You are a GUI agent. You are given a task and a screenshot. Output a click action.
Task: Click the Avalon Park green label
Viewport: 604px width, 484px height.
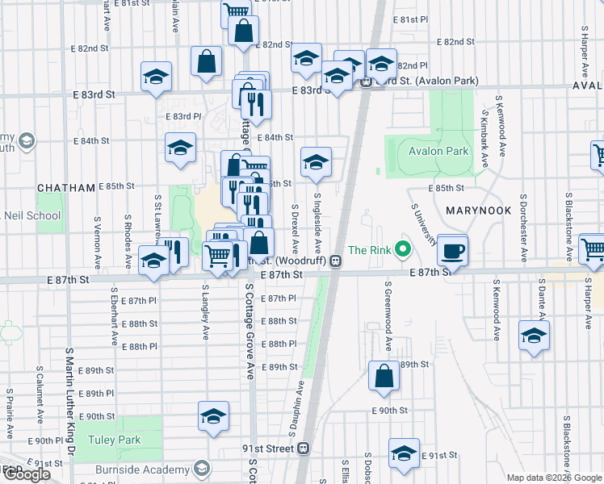(438, 151)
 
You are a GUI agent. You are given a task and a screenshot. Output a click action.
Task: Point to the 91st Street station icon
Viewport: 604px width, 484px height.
(304, 449)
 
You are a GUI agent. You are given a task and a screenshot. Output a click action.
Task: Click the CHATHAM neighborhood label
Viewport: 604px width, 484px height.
(67, 187)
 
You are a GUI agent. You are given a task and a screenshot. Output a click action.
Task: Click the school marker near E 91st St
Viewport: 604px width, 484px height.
(404, 454)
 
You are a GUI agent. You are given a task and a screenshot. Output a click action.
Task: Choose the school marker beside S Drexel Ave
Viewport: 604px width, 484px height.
(317, 162)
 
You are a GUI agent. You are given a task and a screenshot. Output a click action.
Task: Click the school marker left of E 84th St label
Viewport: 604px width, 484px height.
(181, 148)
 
